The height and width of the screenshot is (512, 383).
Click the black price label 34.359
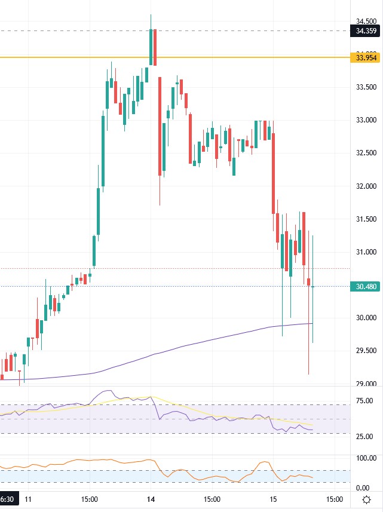point(366,30)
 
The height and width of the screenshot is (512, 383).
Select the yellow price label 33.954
point(366,57)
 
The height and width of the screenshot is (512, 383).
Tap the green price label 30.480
point(366,286)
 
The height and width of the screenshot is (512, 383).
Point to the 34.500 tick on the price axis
point(366,21)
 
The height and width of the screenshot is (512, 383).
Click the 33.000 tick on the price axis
point(366,120)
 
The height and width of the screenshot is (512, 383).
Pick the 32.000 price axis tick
point(366,186)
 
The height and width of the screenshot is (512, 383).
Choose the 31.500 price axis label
point(366,219)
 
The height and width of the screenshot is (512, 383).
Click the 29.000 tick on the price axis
point(366,384)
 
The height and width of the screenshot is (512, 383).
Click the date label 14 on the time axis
point(151,499)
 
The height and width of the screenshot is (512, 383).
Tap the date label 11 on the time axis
point(28,499)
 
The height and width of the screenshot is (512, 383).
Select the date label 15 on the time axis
point(272,499)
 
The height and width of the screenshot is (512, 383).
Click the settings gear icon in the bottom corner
point(366,499)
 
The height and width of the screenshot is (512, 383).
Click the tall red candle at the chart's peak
point(155,47)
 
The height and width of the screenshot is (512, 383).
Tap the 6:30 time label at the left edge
point(7,499)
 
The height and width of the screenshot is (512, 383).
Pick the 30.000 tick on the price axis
point(366,318)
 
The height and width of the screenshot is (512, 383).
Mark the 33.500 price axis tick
point(366,87)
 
